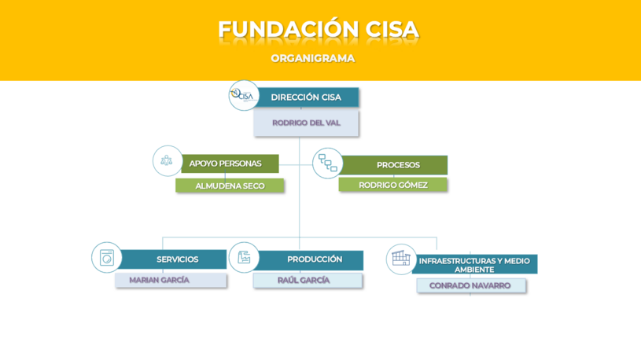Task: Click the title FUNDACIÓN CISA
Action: point(318,30)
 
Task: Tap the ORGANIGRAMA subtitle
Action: point(313,58)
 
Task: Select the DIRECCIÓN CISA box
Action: point(307,97)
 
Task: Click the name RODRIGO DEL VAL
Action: point(306,123)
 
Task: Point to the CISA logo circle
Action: point(244,95)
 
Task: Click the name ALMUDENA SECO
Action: point(230,186)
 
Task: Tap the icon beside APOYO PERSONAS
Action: point(167,160)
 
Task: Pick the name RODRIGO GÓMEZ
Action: point(393,185)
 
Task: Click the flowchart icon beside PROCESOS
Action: point(327,163)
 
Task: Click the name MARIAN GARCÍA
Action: point(160,280)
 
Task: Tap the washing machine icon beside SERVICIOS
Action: point(106,257)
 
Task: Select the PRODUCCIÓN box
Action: point(313,259)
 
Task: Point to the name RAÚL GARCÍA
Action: point(304,280)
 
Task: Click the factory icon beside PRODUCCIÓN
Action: point(244,257)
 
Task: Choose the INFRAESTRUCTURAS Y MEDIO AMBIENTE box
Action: point(474,265)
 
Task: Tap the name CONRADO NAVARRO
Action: point(470,285)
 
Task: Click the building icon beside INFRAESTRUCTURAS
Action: point(401,258)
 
